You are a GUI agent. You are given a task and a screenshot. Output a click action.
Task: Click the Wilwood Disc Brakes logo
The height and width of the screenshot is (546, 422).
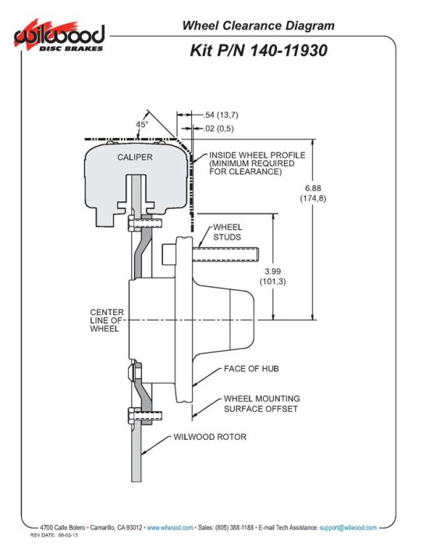tap(59, 36)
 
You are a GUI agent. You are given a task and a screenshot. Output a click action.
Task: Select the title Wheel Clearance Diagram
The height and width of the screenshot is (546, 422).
tap(258, 26)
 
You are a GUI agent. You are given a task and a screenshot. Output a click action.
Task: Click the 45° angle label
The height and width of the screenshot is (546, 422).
tap(142, 124)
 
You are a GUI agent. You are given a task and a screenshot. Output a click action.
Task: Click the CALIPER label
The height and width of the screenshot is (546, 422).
tap(135, 158)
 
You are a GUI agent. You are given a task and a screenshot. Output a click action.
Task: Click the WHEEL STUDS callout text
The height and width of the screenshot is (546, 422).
tap(227, 232)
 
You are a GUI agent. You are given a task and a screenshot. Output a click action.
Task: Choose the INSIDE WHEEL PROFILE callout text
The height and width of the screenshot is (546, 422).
tap(257, 163)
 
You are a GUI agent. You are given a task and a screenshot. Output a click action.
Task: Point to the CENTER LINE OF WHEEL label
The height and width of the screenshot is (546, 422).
tap(107, 321)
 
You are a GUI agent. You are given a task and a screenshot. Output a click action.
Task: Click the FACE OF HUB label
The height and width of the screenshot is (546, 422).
tap(251, 369)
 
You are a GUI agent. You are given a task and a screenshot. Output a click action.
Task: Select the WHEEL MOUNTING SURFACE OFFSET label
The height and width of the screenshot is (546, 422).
tap(261, 403)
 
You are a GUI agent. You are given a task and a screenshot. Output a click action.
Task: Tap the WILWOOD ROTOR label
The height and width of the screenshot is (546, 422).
tap(210, 437)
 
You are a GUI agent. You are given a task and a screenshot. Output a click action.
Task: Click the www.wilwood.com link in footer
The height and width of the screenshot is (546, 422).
tap(170, 528)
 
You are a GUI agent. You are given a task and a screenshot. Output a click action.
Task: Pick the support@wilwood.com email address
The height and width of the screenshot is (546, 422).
tap(348, 528)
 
